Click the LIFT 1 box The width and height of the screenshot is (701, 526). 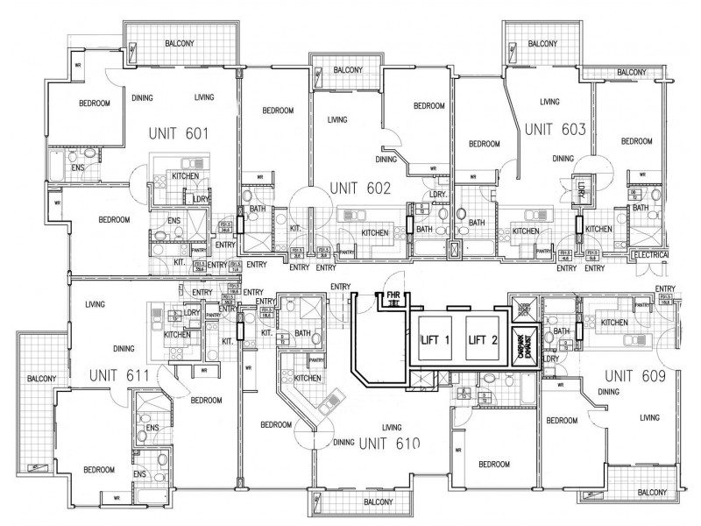pyautogui.click(x=435, y=340)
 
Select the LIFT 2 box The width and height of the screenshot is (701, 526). pyautogui.click(x=482, y=340)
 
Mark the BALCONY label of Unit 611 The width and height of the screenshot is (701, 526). pyautogui.click(x=42, y=378)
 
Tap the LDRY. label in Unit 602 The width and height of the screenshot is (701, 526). pyautogui.click(x=438, y=194)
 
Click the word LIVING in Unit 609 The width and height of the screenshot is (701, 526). pyautogui.click(x=649, y=417)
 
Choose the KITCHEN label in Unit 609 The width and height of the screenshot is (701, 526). pyautogui.click(x=613, y=323)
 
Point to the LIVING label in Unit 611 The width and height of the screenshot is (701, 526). pyautogui.click(x=96, y=304)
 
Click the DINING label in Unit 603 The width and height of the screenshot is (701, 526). pyautogui.click(x=563, y=159)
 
